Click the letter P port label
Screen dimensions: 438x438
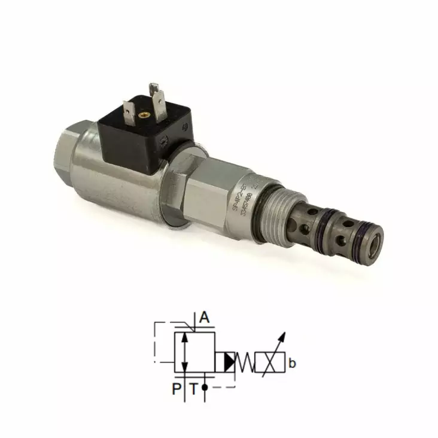[x=177, y=390]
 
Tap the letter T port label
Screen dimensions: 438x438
[x=193, y=390]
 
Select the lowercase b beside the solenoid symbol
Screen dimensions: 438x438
[x=292, y=363]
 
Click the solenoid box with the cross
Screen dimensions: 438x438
[x=269, y=362]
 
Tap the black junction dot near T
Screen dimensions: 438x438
[x=205, y=388]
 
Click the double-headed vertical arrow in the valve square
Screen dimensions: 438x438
[x=186, y=352]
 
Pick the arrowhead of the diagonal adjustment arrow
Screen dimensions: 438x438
[x=284, y=336]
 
